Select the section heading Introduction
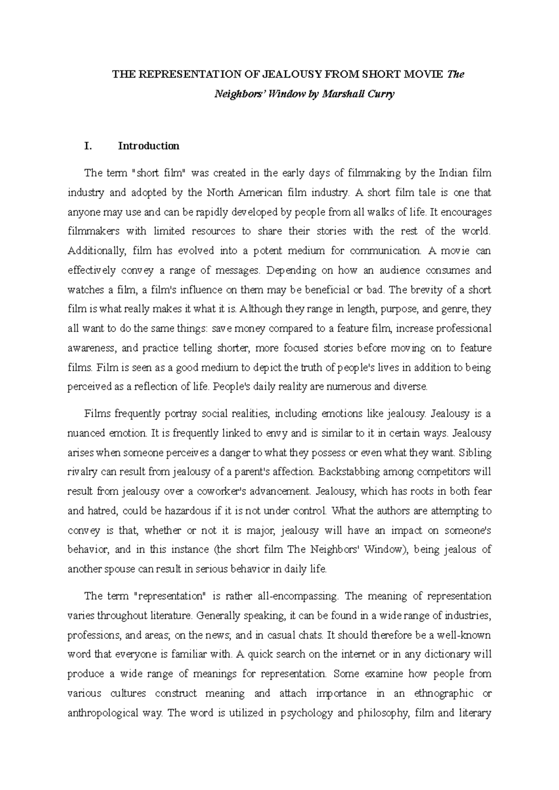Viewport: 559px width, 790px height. [149, 146]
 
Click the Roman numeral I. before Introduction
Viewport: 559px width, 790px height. [88, 146]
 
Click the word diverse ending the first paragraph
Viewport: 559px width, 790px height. [410, 387]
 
